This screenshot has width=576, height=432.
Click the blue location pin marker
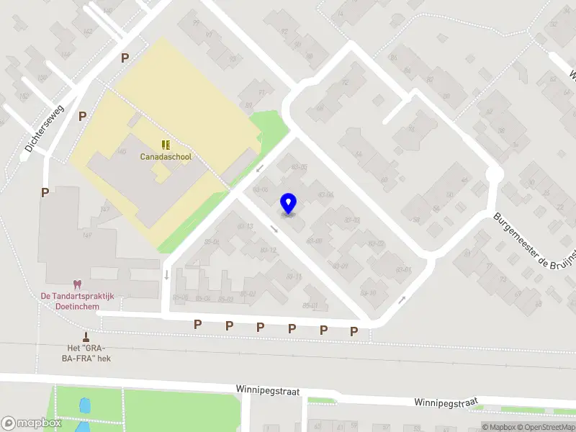pos(288,203)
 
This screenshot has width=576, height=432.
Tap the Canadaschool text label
pos(161,156)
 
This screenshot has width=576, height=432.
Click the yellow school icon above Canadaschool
pos(166,145)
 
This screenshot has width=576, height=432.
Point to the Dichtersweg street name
pos(45,129)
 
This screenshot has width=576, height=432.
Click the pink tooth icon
pos(76,285)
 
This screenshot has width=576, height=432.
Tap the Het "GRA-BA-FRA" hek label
pos(86,353)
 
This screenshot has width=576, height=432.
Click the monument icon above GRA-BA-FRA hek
pos(86,337)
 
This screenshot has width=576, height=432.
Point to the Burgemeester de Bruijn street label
pos(536,241)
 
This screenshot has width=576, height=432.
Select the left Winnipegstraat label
pos(267,389)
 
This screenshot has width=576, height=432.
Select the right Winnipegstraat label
pos(446,402)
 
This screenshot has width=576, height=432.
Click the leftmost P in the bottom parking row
pos(197,325)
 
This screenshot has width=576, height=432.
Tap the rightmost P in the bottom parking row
pos(354,331)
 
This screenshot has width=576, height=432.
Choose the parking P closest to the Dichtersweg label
pos(82,115)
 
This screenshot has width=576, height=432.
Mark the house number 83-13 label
pos(245,226)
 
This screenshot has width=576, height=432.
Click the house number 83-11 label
pos(293,276)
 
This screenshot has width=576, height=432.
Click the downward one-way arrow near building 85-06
pos(166,274)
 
